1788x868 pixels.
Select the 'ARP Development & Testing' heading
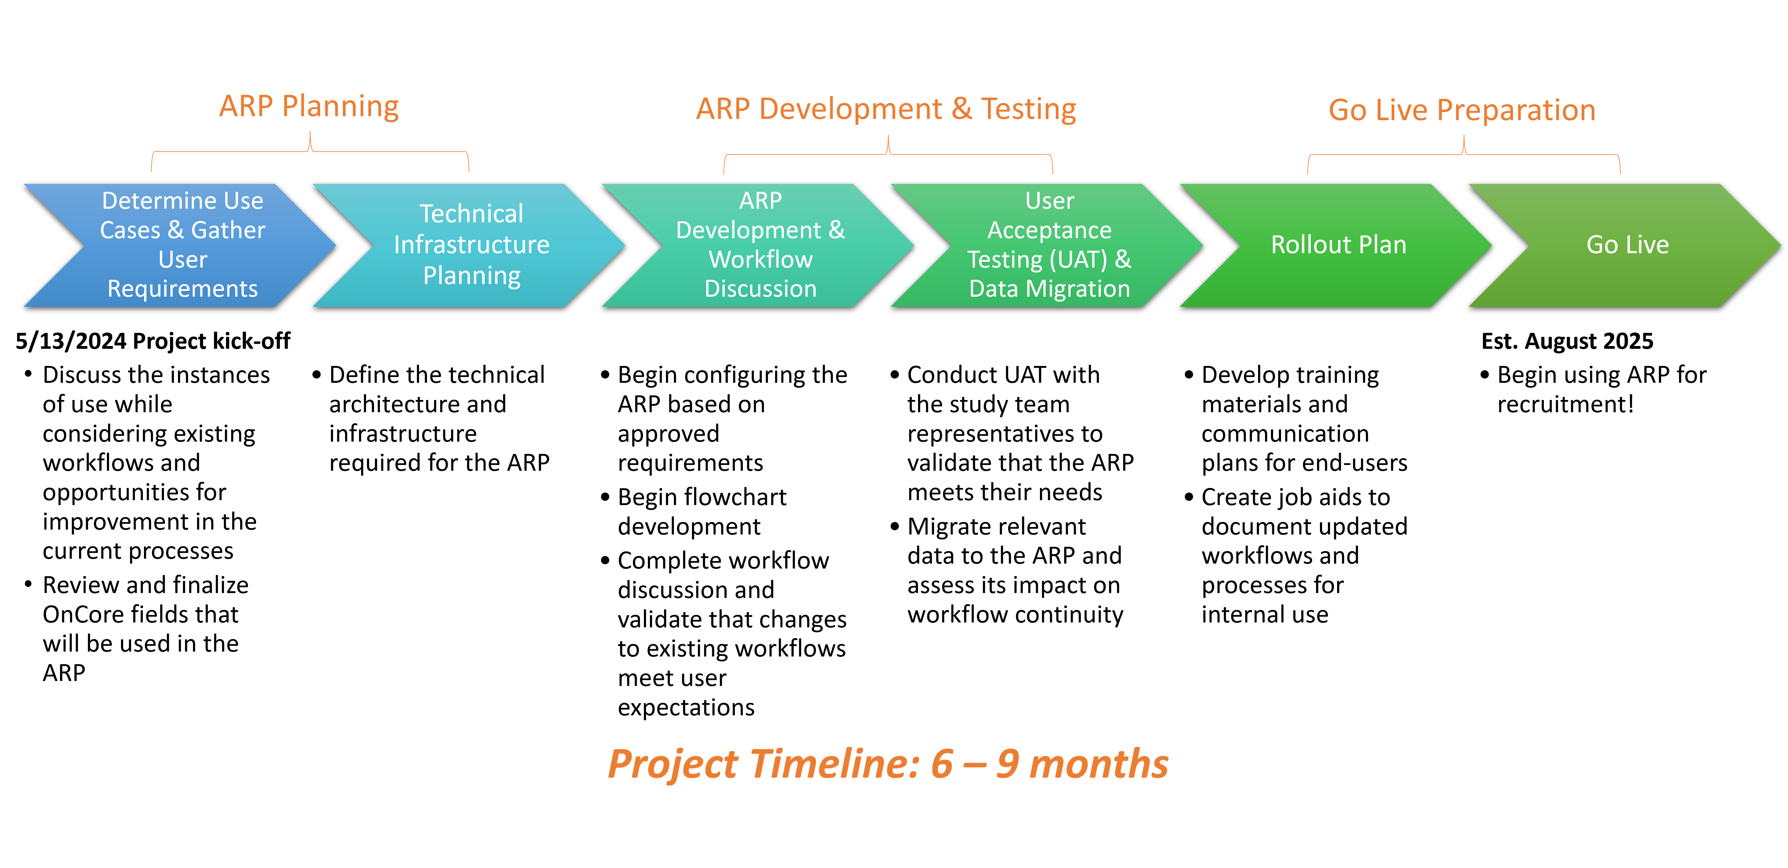coord(886,109)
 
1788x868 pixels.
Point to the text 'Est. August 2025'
coord(1567,341)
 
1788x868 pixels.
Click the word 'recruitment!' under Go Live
coord(1566,404)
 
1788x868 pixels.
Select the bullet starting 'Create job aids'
coord(1297,555)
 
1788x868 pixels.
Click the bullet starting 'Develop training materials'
coord(1297,419)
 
